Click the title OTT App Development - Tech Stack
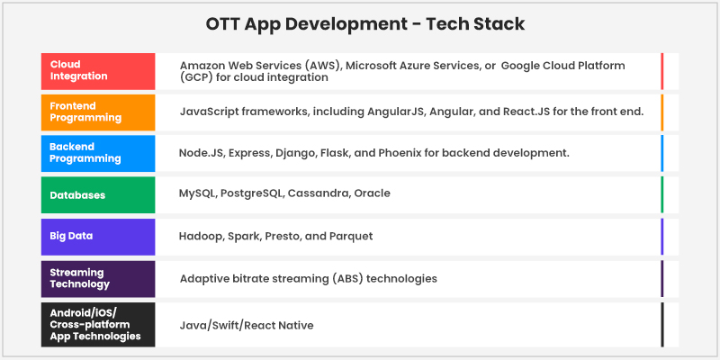[360, 22]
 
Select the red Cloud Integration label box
[97, 71]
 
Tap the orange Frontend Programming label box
[97, 112]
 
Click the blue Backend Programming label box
[97, 153]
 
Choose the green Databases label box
[97, 194]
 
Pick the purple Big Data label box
[97, 236]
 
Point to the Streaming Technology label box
[97, 278]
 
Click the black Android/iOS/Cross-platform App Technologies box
[97, 324]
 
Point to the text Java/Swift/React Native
[247, 325]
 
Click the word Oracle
[372, 193]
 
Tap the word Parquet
[350, 236]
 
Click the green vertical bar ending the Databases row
[661, 194]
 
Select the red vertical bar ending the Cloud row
[661, 71]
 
